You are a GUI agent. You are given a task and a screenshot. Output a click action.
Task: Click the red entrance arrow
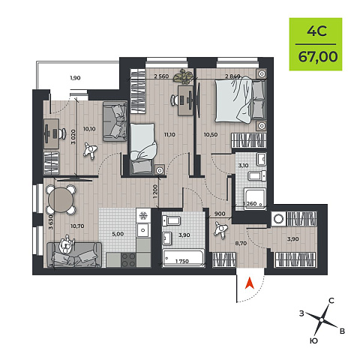pyautogui.click(x=249, y=283)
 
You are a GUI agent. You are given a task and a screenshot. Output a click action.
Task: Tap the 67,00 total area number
pyautogui.click(x=318, y=57)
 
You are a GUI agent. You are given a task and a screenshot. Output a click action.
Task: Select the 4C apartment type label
pyautogui.click(x=316, y=31)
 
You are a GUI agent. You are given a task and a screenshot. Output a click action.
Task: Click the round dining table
pyautogui.click(x=61, y=199)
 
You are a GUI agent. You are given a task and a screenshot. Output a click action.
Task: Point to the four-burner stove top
pyautogui.click(x=128, y=259)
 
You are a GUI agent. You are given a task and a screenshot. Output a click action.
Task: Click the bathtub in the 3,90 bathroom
pyautogui.click(x=183, y=258)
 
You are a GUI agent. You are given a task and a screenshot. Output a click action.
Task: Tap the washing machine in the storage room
pyautogui.click(x=278, y=219)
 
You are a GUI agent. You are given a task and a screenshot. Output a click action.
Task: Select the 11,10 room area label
pyautogui.click(x=169, y=135)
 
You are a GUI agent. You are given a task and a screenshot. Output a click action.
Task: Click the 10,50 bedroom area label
pyautogui.click(x=211, y=135)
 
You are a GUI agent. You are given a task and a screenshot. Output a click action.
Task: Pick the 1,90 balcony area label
pyautogui.click(x=75, y=78)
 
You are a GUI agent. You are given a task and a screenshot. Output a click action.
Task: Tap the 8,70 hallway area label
pyautogui.click(x=241, y=243)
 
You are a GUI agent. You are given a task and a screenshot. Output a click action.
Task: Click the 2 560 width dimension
pyautogui.click(x=161, y=76)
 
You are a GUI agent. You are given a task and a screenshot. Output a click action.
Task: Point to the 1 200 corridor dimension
pyautogui.click(x=155, y=192)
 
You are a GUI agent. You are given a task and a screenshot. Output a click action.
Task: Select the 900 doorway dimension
pyautogui.click(x=220, y=214)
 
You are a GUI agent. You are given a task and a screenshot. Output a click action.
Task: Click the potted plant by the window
pyautogui.click(x=183, y=76)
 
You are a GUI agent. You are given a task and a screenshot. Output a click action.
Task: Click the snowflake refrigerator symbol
pyautogui.click(x=143, y=215)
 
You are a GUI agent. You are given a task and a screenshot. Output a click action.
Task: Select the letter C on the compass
pyautogui.click(x=331, y=301)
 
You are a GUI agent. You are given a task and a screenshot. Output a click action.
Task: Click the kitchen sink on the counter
pyautogui.click(x=143, y=230)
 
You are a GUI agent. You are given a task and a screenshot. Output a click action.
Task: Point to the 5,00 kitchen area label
pyautogui.click(x=118, y=234)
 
